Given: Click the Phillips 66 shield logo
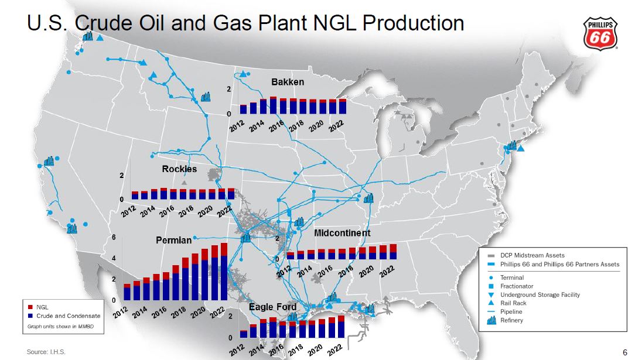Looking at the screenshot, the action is [x=600, y=33].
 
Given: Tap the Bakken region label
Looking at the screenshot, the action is [x=288, y=82].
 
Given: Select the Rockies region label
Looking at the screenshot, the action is [x=179, y=169].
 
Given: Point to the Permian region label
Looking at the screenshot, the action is [x=173, y=240].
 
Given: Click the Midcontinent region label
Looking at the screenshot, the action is [x=342, y=233].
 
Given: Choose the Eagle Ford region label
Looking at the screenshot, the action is [x=272, y=307].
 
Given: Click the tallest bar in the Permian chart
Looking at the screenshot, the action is [x=224, y=272].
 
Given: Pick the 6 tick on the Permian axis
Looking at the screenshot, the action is [x=114, y=237].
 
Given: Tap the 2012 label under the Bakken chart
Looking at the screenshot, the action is [x=237, y=126].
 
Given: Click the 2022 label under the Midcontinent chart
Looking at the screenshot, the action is [x=387, y=271].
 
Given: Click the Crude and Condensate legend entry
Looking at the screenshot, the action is [x=64, y=316].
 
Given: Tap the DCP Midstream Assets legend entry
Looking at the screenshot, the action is [x=526, y=255].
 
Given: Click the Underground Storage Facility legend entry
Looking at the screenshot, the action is [x=534, y=294].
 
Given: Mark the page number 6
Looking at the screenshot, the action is [x=625, y=352].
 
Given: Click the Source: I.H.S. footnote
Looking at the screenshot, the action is [x=46, y=352].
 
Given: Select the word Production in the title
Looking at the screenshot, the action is [x=413, y=23].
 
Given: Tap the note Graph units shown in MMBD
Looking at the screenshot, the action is [x=60, y=327].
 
